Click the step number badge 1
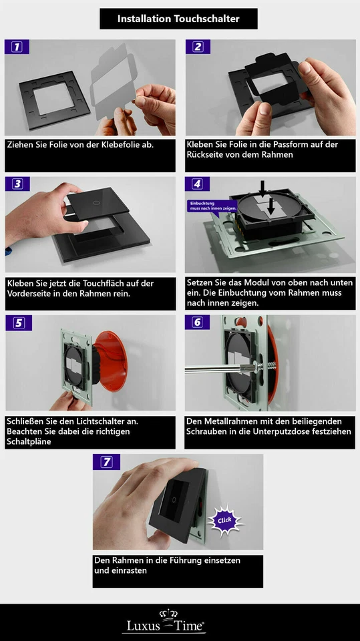click(17, 47)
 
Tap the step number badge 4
click(197, 184)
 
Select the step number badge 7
click(106, 462)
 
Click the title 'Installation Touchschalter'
click(178, 19)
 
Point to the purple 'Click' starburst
click(224, 520)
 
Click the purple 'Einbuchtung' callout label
click(212, 206)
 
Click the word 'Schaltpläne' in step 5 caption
click(29, 442)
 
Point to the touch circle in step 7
click(174, 499)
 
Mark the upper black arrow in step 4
click(262, 188)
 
